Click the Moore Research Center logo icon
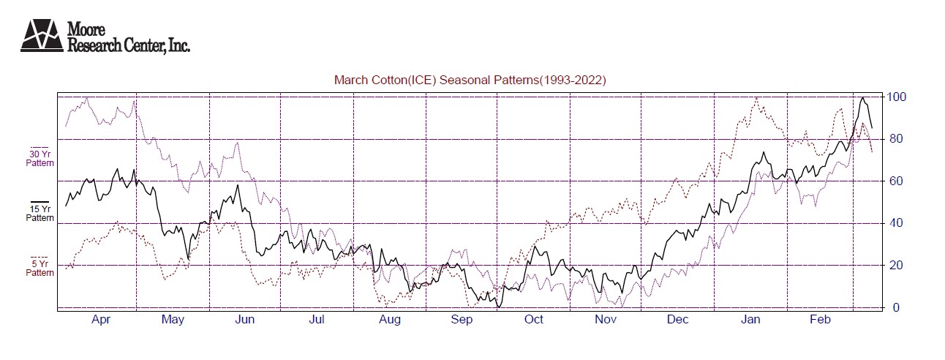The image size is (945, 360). coord(42,35)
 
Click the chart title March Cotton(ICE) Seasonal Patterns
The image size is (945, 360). coord(470,80)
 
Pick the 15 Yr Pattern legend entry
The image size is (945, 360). coord(40,211)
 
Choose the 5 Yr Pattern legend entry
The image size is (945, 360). coord(40,267)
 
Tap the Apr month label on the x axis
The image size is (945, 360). coord(101,320)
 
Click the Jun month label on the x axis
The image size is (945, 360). coord(245,320)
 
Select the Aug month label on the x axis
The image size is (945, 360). coord(389,320)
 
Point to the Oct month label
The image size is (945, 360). coord(533,320)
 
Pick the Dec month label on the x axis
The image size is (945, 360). coord(677,320)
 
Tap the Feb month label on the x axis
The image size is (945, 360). coord(821,320)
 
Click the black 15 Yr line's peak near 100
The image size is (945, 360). coord(864,98)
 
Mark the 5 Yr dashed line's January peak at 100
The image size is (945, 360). coord(756,98)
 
